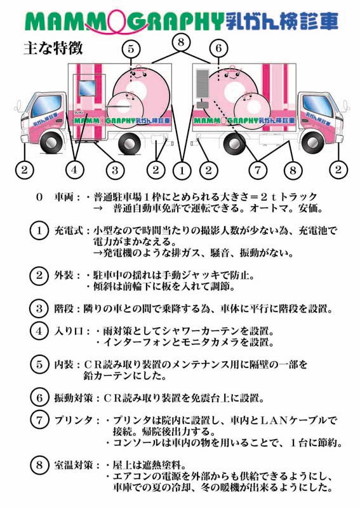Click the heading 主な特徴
coord(53,48)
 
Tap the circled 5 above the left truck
coord(131,49)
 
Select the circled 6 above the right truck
coord(218,48)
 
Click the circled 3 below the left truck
coord(115,170)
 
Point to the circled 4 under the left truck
coord(74,170)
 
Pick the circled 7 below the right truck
coord(258,170)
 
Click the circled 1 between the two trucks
coord(182,170)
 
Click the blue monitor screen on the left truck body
coord(87,88)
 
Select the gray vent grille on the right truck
coord(202,83)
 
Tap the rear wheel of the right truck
coord(234,143)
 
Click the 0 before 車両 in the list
coord(39,197)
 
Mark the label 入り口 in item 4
coord(69,331)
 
